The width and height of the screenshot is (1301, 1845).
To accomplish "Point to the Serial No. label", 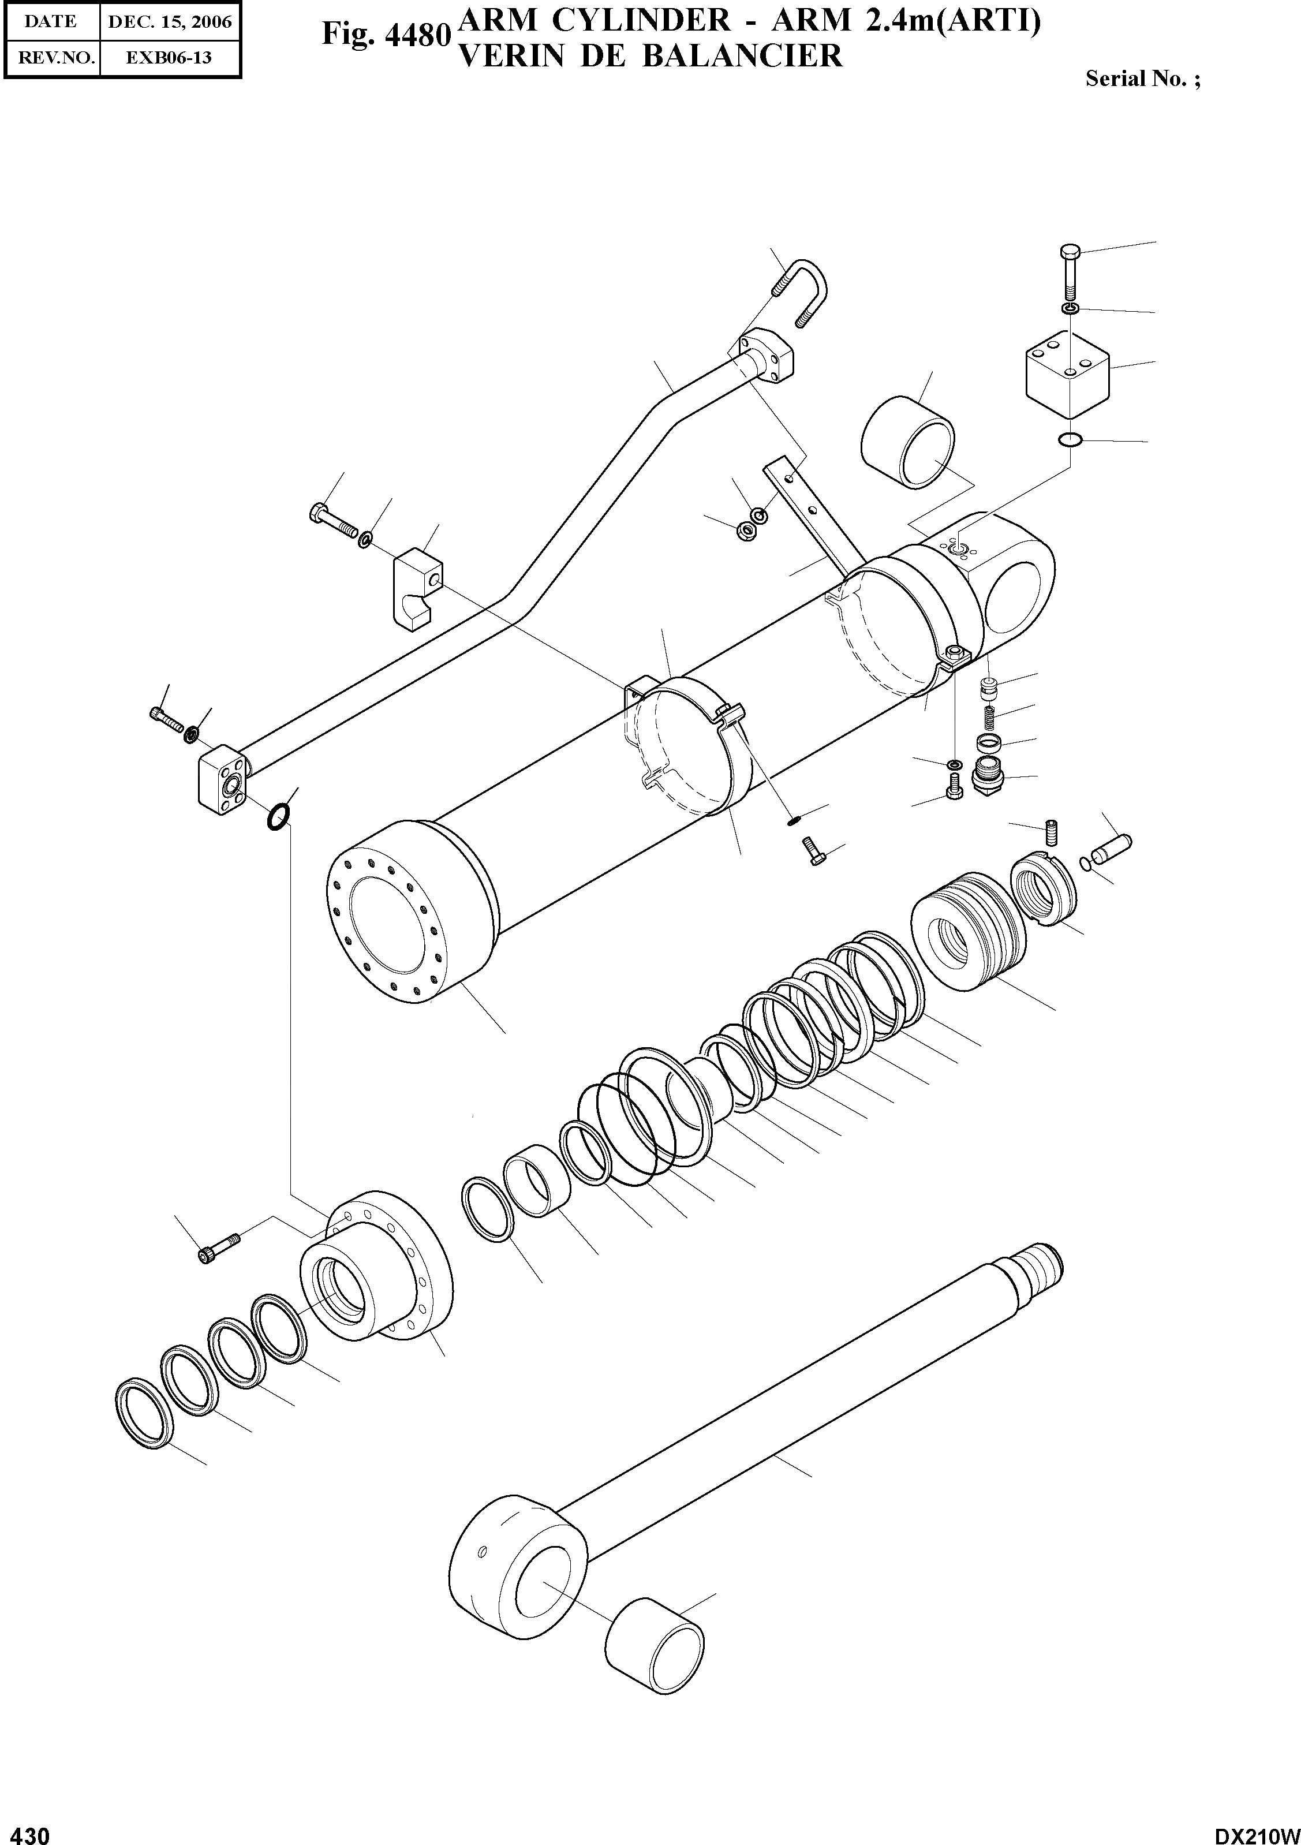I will (x=1142, y=79).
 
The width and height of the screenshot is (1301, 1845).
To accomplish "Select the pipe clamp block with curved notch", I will (x=418, y=585).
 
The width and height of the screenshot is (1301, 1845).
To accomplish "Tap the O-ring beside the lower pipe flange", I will (x=277, y=818).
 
